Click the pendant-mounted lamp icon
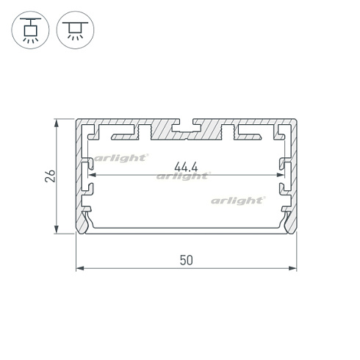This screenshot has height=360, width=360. click(32, 31)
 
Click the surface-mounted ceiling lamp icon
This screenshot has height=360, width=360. click(75, 31)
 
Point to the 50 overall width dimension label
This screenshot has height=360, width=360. click(187, 259)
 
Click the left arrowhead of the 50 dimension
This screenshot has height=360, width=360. click(80, 268)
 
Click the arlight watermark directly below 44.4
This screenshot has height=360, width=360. click(183, 176)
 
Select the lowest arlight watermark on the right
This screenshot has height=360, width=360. click(237, 200)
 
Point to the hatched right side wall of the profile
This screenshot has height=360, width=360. click(292, 176)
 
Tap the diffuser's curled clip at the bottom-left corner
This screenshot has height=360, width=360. click(87, 220)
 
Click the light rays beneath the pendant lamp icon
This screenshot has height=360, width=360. click(32, 41)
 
